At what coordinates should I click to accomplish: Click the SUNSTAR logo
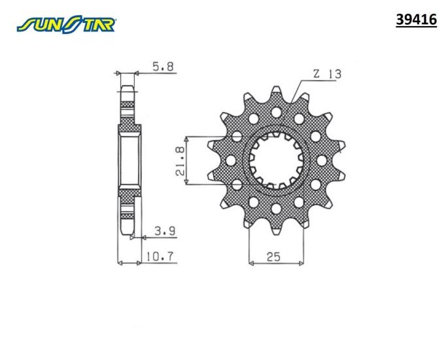(x=66, y=24)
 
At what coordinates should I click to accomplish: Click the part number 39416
(x=416, y=20)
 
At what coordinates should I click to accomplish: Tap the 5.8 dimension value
(x=163, y=67)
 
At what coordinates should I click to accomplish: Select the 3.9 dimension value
(x=165, y=231)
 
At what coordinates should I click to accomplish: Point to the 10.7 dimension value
(x=160, y=257)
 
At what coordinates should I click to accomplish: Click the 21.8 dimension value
(x=180, y=161)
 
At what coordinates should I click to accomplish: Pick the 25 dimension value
(x=273, y=257)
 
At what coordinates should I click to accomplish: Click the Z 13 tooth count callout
(x=327, y=74)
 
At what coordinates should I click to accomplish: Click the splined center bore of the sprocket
(x=276, y=161)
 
